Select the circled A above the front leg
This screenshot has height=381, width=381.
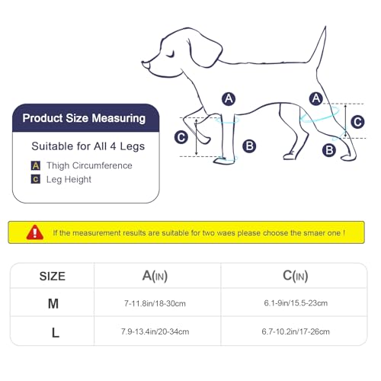coord(228,98)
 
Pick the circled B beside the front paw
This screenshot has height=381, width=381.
coord(250,146)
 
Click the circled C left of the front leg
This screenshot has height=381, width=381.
coord(181,137)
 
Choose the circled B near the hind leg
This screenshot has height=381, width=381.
coord(329,150)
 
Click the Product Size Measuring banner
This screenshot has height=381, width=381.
coord(84,118)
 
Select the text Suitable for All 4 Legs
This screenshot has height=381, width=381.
coord(88,146)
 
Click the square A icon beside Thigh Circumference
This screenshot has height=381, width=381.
coord(35,165)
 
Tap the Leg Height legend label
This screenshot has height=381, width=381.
coord(69,179)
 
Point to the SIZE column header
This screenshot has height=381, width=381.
coord(52,276)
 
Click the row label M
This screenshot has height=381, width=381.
coord(53,303)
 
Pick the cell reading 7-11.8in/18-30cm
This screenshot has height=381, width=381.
coord(157,303)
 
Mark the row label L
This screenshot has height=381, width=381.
coord(53,331)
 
